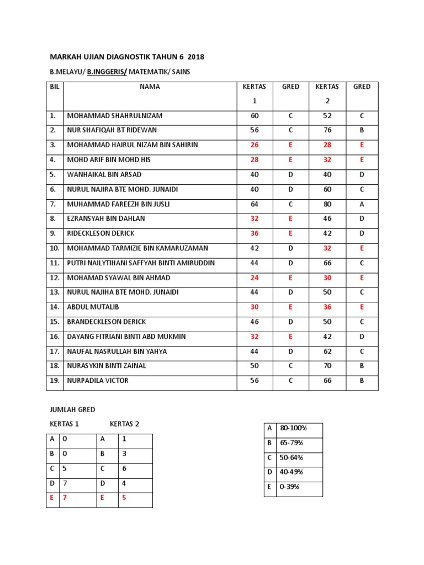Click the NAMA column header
[150, 87]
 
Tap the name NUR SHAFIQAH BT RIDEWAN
[112, 130]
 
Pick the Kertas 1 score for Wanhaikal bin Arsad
[255, 174]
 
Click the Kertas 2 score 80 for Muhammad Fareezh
[327, 204]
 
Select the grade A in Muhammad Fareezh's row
[362, 204]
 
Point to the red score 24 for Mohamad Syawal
[255, 278]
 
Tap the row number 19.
[55, 381]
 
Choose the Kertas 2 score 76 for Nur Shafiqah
[327, 130]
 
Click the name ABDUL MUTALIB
[93, 307]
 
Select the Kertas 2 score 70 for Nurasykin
[327, 366]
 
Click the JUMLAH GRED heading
[72, 409]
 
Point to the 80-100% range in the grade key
[294, 428]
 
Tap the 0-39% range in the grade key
[290, 487]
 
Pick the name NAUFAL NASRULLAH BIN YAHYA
[117, 351]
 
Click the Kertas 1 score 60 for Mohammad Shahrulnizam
[255, 116]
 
